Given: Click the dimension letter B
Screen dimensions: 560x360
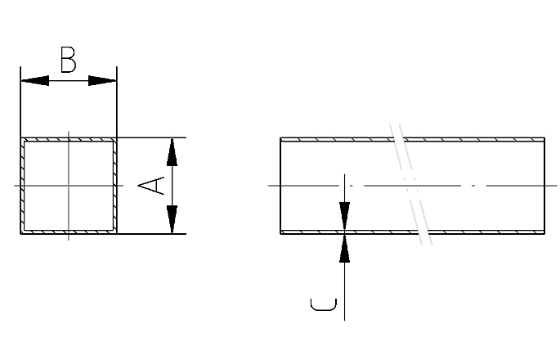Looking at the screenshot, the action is coord(68,60).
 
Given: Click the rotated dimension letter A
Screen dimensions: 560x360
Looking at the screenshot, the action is coord(151,186).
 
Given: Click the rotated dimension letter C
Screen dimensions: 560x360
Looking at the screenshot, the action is coord(324,304).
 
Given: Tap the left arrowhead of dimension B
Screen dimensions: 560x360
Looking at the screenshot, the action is coord(34,81).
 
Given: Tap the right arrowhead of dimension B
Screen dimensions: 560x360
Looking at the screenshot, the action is coord(102,81).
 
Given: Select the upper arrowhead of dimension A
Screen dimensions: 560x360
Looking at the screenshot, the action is coord(172,152).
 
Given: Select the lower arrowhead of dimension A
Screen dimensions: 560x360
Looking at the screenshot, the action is coord(172,219).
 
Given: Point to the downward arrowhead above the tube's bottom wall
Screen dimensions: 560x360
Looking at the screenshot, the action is coord(345,216).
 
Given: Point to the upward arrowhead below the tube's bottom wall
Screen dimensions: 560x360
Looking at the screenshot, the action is coord(345,249).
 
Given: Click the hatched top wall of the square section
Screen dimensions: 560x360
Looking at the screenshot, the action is coord(69,139).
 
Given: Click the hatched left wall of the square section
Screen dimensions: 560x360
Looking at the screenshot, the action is coord(23,186).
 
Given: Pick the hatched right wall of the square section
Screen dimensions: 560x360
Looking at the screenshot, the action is coord(115,186).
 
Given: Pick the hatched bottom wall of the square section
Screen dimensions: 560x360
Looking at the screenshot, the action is coord(69,232).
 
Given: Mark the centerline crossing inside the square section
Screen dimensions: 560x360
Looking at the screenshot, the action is coord(69,186).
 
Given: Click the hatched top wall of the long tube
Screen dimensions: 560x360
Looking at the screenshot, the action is coord(413,139).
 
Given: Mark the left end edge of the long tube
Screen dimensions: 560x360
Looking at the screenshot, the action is coord(280,186).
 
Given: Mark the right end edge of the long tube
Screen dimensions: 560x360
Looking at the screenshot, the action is coord(544,186).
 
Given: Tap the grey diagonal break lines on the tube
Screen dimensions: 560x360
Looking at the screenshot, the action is coord(410,184).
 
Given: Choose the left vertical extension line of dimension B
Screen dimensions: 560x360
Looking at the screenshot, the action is coord(20,102).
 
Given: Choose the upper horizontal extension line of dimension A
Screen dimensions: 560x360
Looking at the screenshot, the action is coord(151,137).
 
